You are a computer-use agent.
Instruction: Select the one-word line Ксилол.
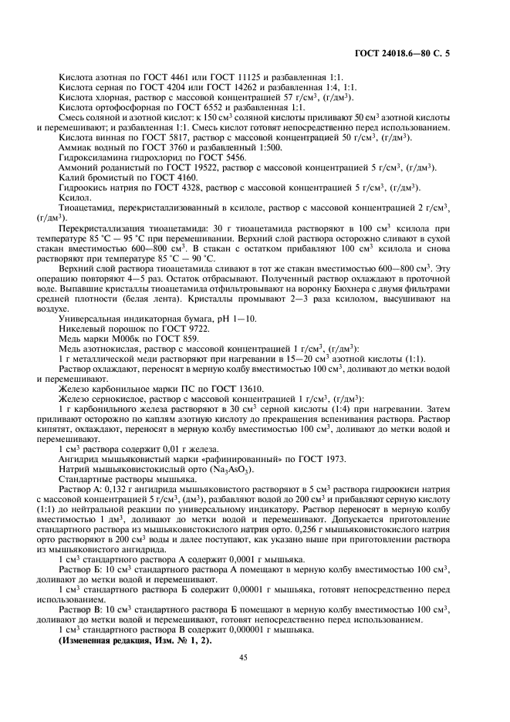(x=73, y=197)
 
